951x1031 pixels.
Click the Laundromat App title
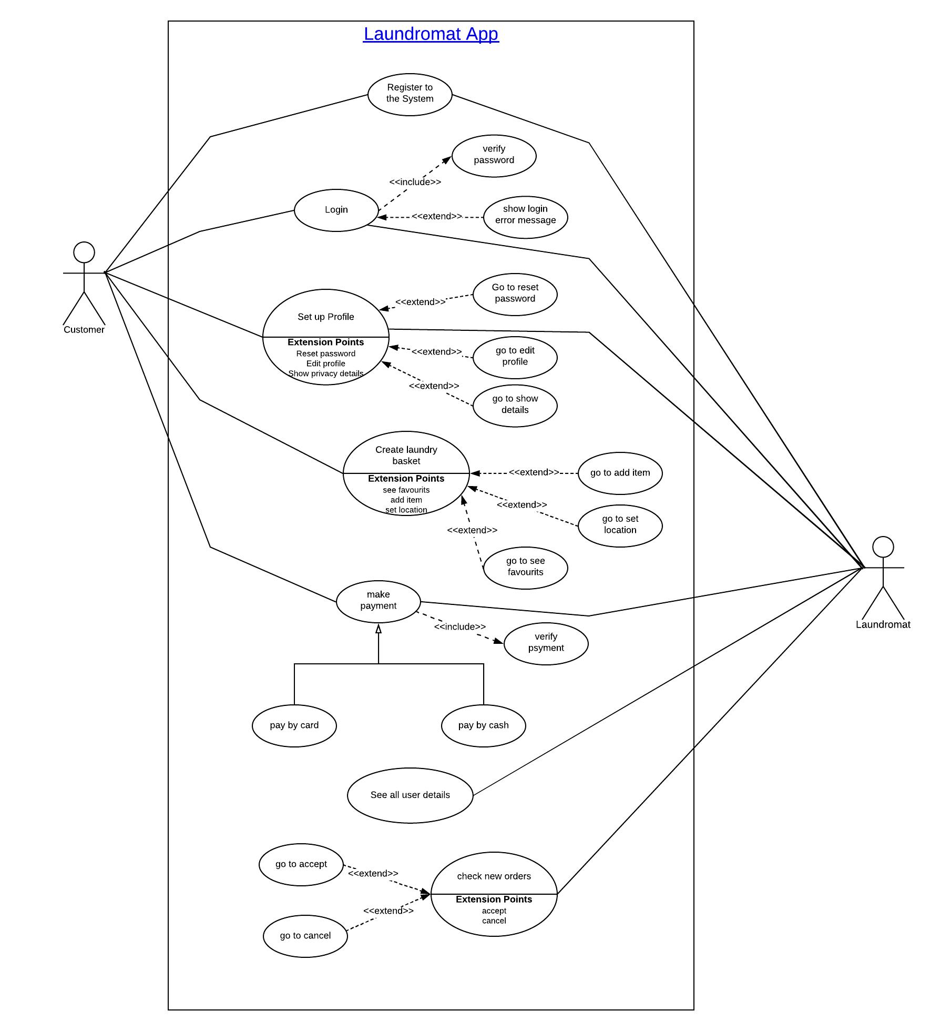pos(431,34)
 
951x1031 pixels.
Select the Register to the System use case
pos(410,95)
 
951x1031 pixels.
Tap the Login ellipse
pos(336,210)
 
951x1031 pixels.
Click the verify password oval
pos(494,156)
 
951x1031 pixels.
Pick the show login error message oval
pos(526,217)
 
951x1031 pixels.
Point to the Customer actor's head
pos(84,252)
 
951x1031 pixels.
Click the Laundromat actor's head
pos(883,547)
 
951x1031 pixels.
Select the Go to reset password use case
pos(515,295)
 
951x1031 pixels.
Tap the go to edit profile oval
pos(515,358)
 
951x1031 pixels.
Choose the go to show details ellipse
pos(515,406)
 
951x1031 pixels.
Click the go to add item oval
pos(620,473)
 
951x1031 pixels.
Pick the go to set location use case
pos(620,526)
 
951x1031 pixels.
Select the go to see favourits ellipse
pos(526,568)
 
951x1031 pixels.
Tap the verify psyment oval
pos(546,644)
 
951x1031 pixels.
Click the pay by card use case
pos(294,726)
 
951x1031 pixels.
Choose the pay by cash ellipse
pos(484,726)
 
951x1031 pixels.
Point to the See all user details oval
pos(410,795)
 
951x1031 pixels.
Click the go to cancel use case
pos(305,936)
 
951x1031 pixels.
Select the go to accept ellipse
pos(301,865)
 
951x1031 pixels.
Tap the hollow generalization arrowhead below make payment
pos(379,629)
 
